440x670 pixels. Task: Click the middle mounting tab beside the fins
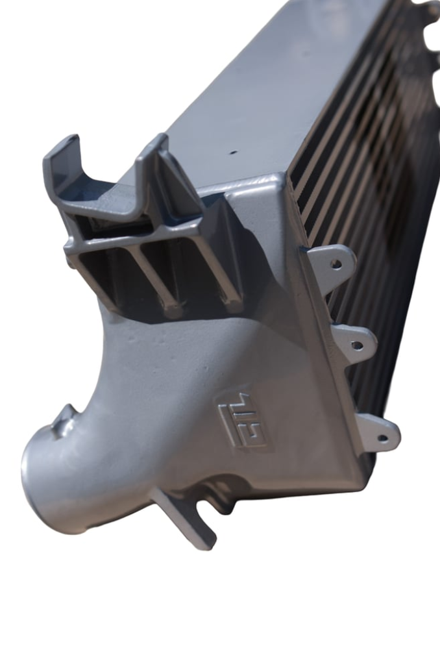point(354,340)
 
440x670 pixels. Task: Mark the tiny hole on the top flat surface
point(233,153)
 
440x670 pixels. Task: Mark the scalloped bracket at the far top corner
point(425,19)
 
